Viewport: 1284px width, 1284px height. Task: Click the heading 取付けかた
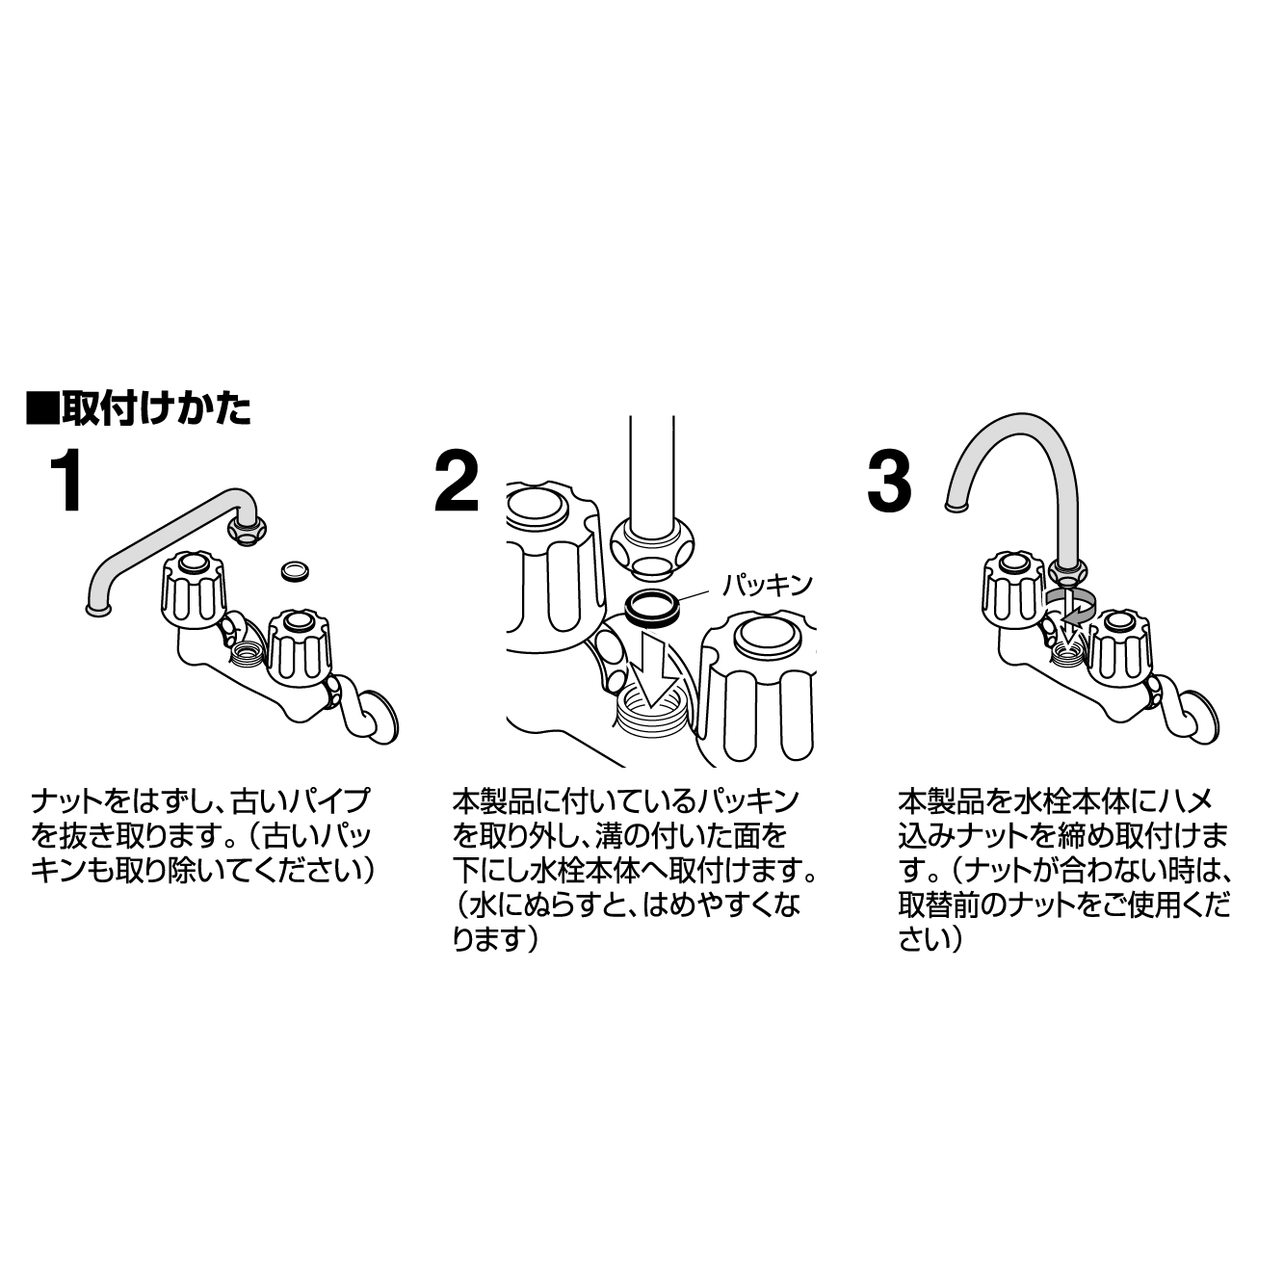155,408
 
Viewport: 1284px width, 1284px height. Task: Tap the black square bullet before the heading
41,408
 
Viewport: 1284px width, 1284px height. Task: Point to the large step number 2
456,483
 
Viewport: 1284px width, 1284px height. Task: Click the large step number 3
888,483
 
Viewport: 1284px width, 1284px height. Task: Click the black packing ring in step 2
651,609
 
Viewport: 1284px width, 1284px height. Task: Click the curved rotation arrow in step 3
1072,605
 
